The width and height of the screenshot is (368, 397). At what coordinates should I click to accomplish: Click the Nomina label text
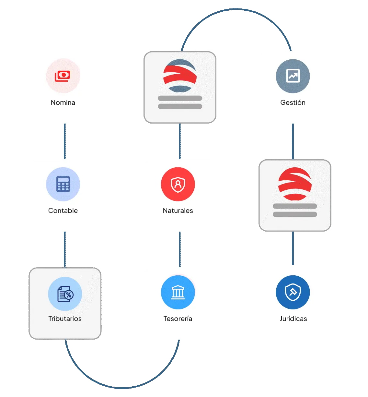click(63, 102)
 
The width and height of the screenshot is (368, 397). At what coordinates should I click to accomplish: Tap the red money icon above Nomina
click(63, 76)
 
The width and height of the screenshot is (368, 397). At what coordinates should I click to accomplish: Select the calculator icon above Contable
click(63, 184)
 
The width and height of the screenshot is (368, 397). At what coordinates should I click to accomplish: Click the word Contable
click(63, 211)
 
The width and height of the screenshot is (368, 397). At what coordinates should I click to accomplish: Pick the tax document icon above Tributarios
click(65, 294)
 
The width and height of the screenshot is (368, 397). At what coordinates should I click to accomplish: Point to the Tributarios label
click(65, 319)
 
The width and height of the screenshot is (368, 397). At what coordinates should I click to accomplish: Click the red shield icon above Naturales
click(178, 184)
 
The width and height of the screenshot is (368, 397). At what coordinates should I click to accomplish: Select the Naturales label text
click(178, 211)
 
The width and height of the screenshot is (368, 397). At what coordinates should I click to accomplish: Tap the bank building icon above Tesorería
click(178, 292)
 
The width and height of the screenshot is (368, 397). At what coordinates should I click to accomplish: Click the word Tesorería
click(178, 319)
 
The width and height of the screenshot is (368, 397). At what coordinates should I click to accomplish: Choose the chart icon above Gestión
click(293, 76)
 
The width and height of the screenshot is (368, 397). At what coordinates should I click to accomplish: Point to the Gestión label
click(293, 102)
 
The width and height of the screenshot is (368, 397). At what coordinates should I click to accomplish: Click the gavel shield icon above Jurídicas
click(293, 292)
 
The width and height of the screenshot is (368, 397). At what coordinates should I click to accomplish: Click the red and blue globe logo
click(180, 76)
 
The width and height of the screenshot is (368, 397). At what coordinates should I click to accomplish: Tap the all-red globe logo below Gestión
click(295, 184)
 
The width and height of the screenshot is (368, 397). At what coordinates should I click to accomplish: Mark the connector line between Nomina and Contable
click(65, 141)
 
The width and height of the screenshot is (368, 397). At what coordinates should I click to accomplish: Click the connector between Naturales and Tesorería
click(180, 250)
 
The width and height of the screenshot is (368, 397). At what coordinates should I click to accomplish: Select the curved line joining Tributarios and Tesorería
click(121, 387)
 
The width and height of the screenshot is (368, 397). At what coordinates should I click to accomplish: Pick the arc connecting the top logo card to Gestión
click(236, 10)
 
